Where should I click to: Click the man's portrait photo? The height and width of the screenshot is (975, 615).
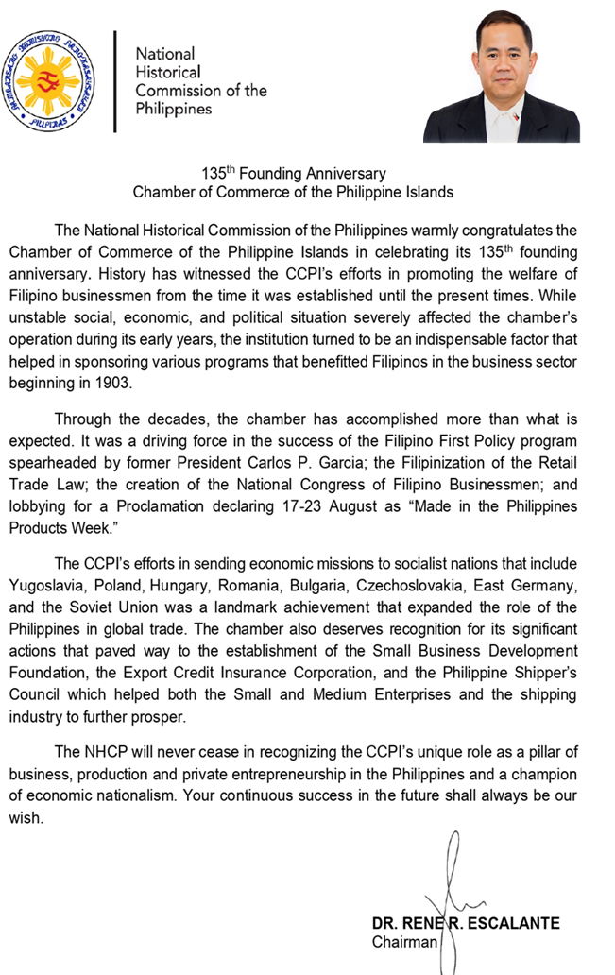501,77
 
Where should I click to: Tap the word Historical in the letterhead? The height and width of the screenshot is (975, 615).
168,72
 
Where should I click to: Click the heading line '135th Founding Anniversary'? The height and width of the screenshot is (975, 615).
294,174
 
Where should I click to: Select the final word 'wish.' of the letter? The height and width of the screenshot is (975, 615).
26,819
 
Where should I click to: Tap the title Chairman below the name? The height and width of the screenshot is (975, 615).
404,942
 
